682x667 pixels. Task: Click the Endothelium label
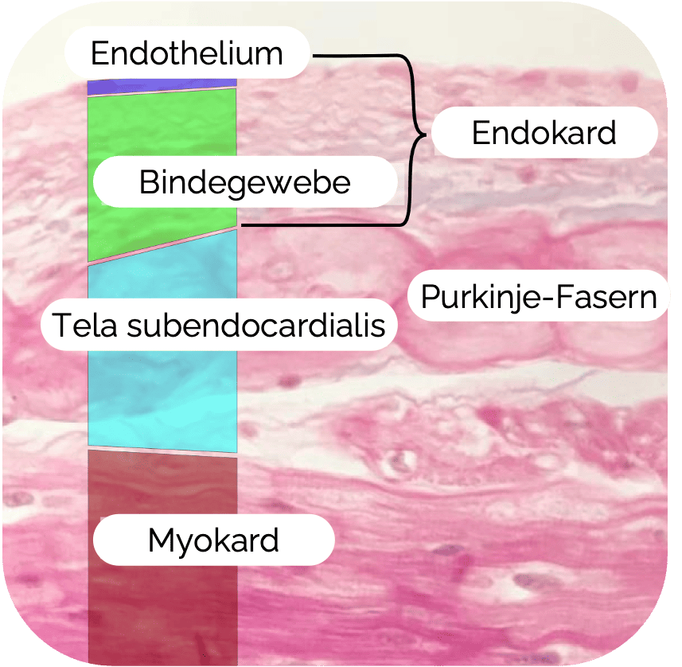pos(187,53)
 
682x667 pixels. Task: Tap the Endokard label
pos(544,132)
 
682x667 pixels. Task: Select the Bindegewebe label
pos(244,182)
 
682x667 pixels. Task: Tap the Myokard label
pos(213,541)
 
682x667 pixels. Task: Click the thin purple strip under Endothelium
pos(162,84)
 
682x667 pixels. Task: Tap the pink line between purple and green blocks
pos(162,90)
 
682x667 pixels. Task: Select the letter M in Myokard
pos(160,541)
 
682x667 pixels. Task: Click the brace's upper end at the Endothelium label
pos(317,56)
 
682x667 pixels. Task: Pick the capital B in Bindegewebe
pos(148,182)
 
